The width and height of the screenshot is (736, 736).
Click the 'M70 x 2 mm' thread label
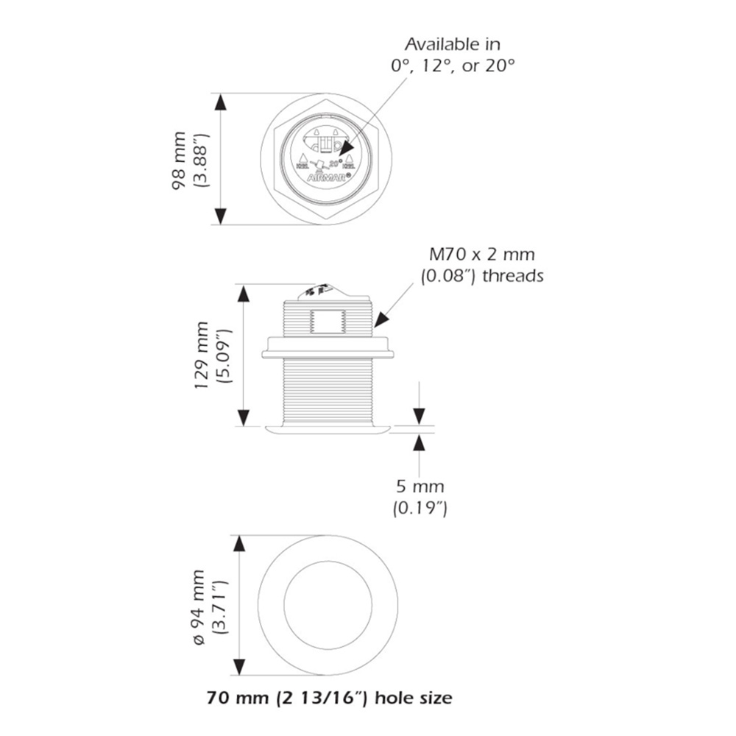pyautogui.click(x=482, y=255)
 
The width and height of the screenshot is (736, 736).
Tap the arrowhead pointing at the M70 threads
pyautogui.click(x=381, y=319)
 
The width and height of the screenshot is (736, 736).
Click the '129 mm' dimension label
pyautogui.click(x=202, y=355)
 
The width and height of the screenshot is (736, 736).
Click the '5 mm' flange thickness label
pyautogui.click(x=420, y=486)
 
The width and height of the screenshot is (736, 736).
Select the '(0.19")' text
pyautogui.click(x=420, y=508)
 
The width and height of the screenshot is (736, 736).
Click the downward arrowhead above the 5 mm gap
pyautogui.click(x=419, y=417)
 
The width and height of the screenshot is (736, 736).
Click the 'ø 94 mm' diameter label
pyautogui.click(x=201, y=606)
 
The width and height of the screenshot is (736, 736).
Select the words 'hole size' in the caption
pyautogui.click(x=414, y=697)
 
